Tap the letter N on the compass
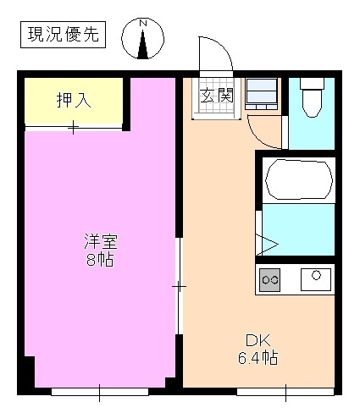coord(143,22)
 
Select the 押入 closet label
coord(74,100)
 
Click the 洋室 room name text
coord(99,241)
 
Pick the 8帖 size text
coord(99,260)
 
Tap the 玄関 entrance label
coord(216,95)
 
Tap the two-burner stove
coord(271,279)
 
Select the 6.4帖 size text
coord(257,358)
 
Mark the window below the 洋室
coord(99,392)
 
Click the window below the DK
coord(285,392)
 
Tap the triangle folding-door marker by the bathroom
coord(269,245)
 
